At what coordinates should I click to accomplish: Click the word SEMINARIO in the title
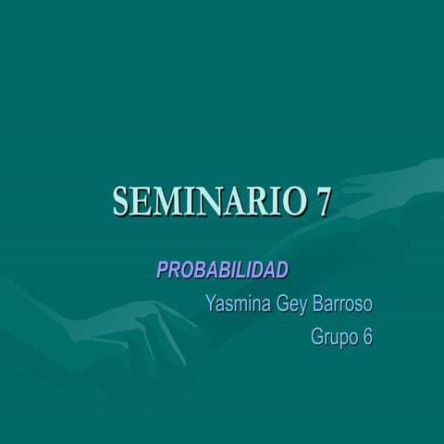(x=209, y=201)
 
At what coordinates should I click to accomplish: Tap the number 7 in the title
(x=324, y=201)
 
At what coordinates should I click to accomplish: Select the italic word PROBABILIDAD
(x=222, y=269)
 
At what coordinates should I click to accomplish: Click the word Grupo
(x=334, y=338)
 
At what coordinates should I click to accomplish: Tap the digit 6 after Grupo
(x=367, y=338)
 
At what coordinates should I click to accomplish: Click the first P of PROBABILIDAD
(x=163, y=269)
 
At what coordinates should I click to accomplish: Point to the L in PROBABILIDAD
(x=245, y=269)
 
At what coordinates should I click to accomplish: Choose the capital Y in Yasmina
(x=212, y=303)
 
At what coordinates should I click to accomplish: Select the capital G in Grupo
(x=318, y=338)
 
